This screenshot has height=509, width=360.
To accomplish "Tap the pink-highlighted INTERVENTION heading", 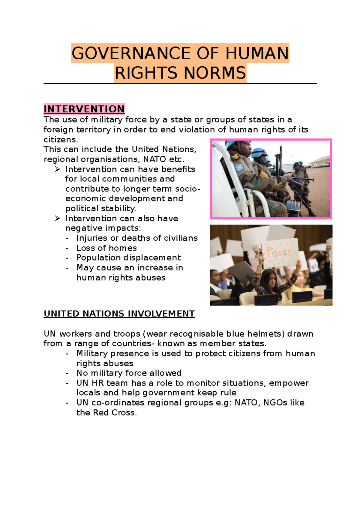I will [x=84, y=109].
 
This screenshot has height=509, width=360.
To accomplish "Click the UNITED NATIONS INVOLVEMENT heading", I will [x=119, y=314].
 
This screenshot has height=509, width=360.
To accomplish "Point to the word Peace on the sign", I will [x=279, y=252].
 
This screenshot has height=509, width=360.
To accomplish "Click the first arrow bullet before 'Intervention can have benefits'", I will [x=58, y=169].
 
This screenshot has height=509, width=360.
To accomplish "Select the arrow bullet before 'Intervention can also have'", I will [x=58, y=219].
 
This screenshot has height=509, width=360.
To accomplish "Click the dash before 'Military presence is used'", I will [x=67, y=354].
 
